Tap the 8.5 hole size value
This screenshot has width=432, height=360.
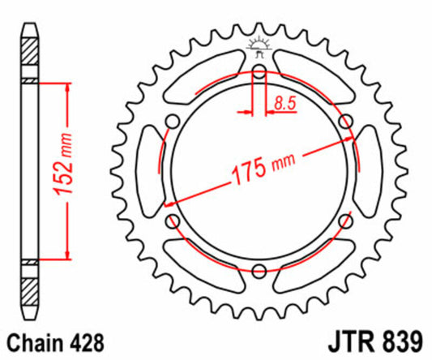pyautogui.click(x=284, y=103)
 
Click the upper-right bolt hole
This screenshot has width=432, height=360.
pyautogui.click(x=345, y=122)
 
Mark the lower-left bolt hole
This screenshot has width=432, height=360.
pyautogui.click(x=173, y=221)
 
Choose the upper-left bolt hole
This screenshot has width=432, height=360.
pyautogui.click(x=173, y=122)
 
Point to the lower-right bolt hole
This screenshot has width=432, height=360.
pyautogui.click(x=345, y=221)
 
